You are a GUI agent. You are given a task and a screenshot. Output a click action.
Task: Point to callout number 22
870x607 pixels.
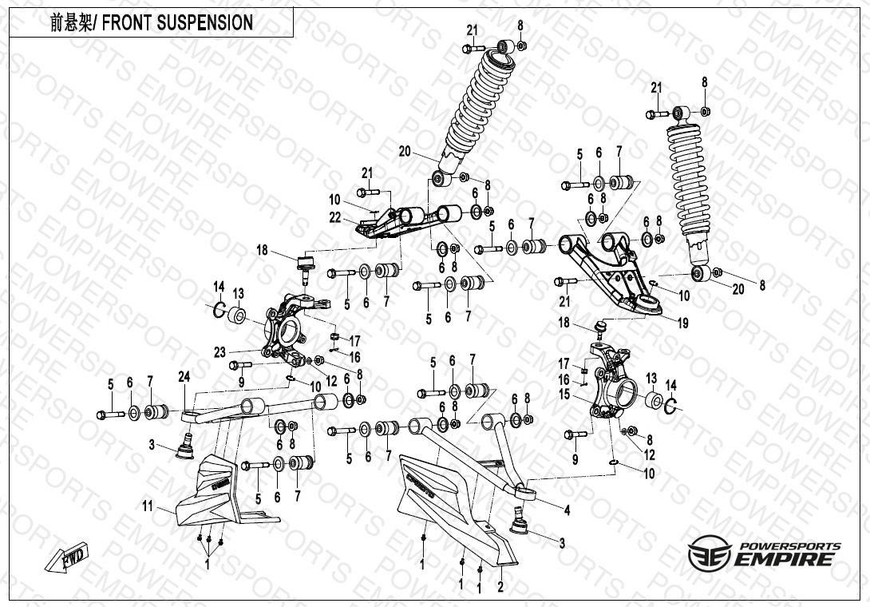coord(335,216)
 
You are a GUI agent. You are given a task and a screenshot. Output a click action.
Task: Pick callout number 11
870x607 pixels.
coord(147,506)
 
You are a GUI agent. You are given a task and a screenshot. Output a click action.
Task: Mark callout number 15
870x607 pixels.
coord(564,394)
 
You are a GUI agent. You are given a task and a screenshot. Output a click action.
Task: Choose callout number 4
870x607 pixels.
coord(567,509)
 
